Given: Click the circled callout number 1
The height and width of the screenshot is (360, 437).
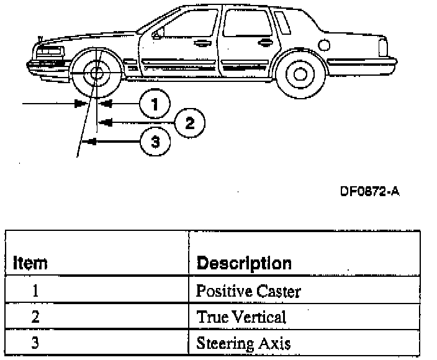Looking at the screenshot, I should point(153,103).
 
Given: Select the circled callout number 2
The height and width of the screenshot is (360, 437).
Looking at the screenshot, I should point(190,122).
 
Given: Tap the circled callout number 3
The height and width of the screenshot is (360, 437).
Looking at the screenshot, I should point(155,142).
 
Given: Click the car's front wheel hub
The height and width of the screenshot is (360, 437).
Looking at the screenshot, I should point(96,74).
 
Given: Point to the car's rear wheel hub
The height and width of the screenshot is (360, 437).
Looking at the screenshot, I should point(300,74).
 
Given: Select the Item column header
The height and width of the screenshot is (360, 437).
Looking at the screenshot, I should point(30,263).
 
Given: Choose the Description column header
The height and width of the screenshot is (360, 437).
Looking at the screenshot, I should point(243,263).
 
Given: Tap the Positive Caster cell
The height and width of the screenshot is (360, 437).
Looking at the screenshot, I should point(248,290).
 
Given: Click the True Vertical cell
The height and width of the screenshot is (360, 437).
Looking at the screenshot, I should point(241,317).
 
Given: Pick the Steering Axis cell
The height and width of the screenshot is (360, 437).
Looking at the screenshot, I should point(243,343).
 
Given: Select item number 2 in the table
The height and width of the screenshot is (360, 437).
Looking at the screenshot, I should point(35,317).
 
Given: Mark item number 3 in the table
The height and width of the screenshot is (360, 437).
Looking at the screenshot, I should point(35,343).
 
